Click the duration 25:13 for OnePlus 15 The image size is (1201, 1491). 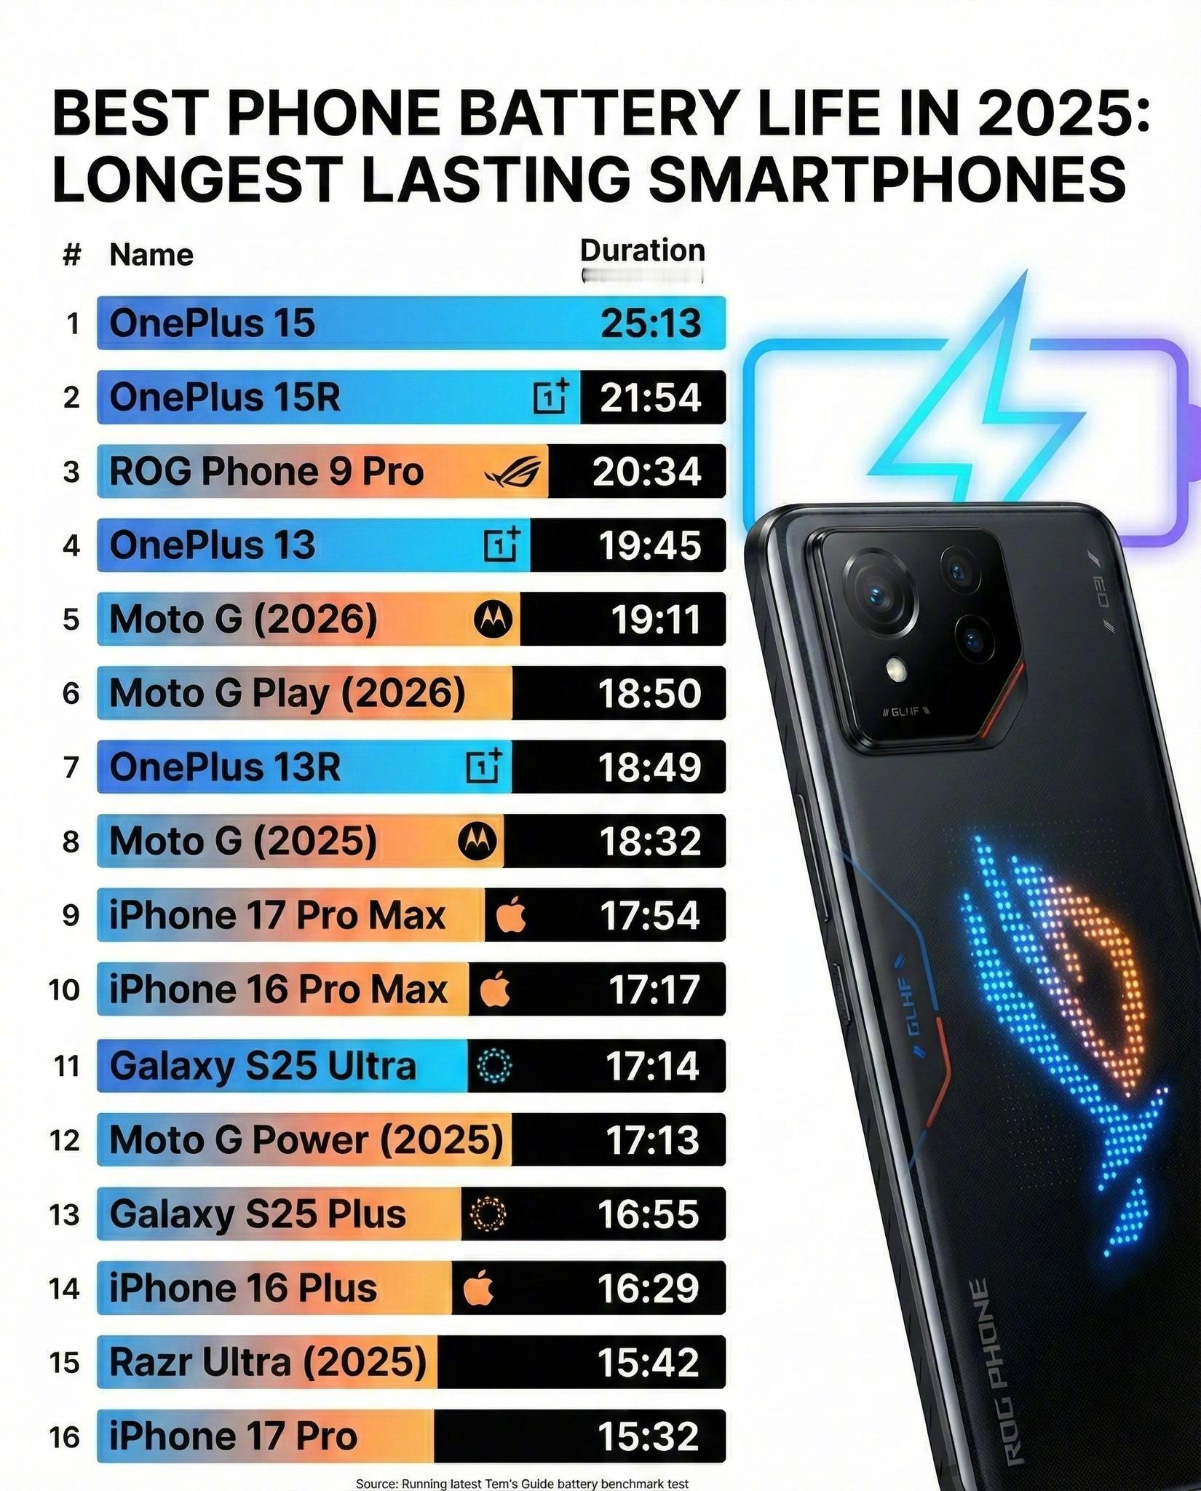pyautogui.click(x=650, y=323)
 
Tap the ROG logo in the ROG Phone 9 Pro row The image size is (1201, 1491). pyautogui.click(x=513, y=472)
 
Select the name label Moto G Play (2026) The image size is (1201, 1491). pyautogui.click(x=287, y=693)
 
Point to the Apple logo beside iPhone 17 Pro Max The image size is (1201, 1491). pyautogui.click(x=511, y=916)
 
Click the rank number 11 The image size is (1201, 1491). pyautogui.click(x=66, y=1066)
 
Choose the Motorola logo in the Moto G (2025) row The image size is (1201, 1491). pyautogui.click(x=477, y=842)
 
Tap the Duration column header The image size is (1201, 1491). pyautogui.click(x=642, y=250)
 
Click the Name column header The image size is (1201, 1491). pyautogui.click(x=151, y=256)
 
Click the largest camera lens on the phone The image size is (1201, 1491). pyautogui.click(x=877, y=591)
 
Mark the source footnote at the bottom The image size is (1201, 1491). pyautogui.click(x=522, y=1483)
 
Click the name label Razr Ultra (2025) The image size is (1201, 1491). pyautogui.click(x=267, y=1361)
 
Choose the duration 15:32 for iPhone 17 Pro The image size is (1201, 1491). pyautogui.click(x=648, y=1436)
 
